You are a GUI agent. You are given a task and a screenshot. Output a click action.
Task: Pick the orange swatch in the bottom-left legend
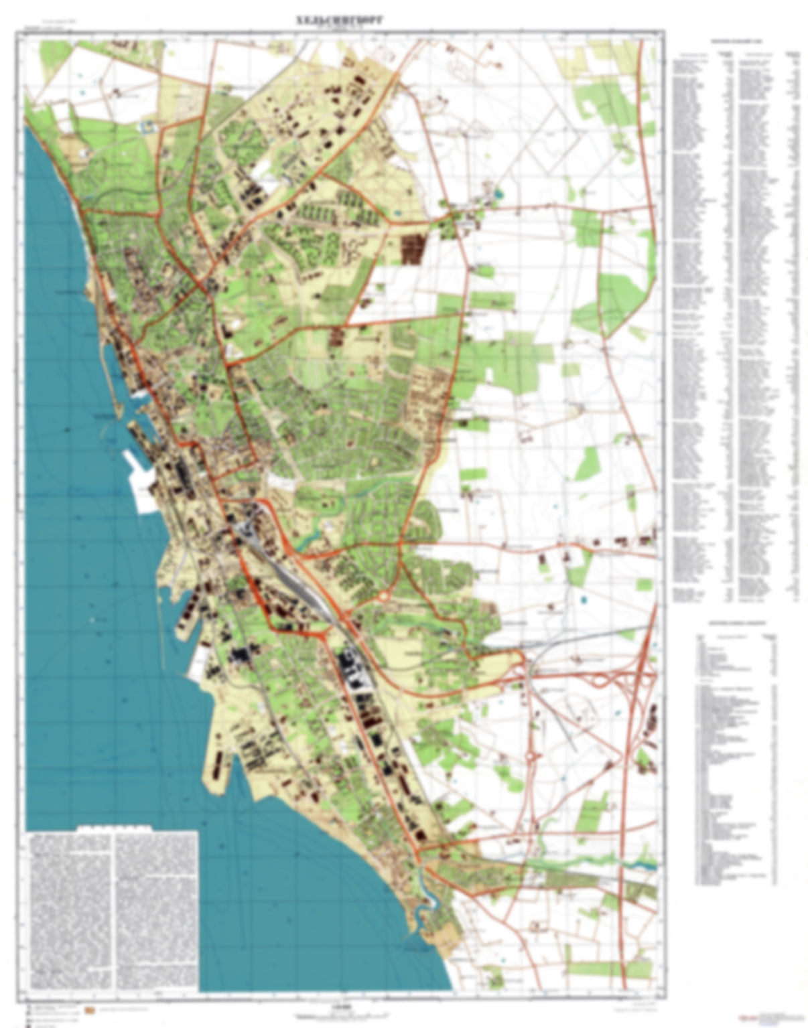89,1009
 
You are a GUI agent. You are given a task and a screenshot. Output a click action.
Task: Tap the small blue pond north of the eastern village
500,196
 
